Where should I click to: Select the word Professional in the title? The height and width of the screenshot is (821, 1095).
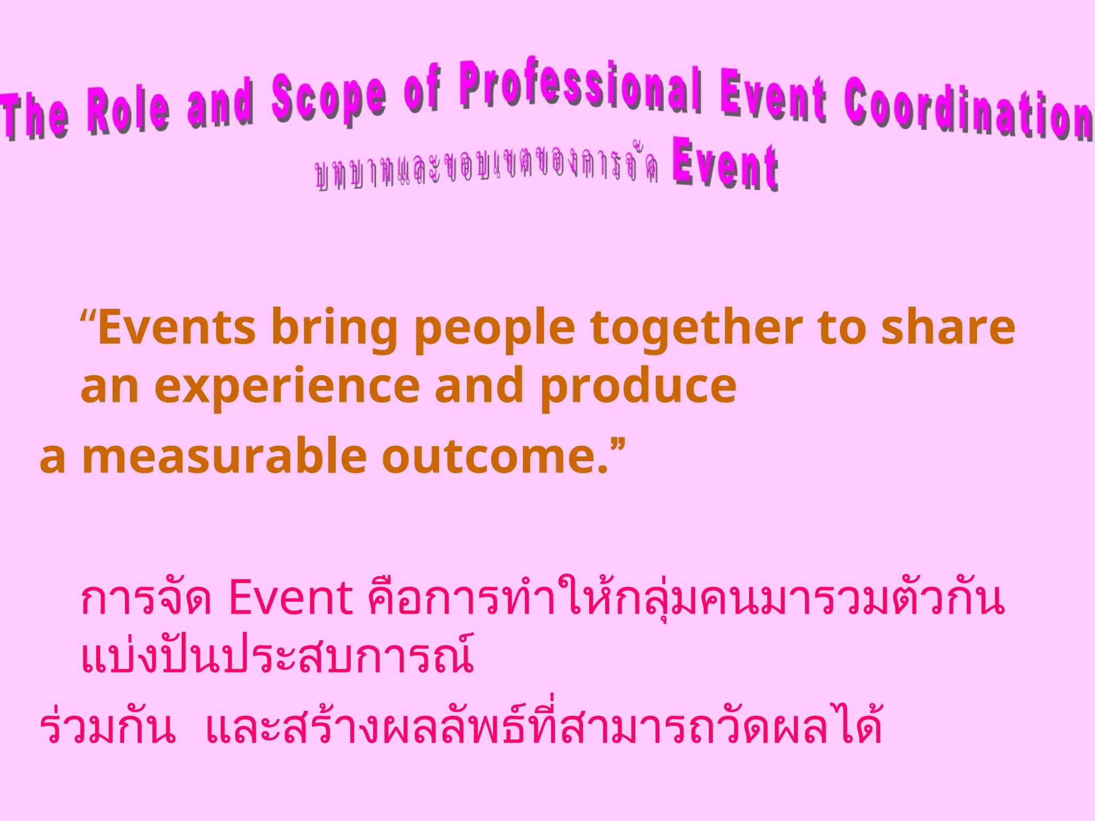click(x=581, y=88)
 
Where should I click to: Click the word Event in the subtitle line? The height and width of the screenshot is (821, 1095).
click(x=724, y=166)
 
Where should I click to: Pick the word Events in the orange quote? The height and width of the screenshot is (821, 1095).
click(x=176, y=328)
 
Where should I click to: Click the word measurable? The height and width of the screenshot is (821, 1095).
click(x=224, y=456)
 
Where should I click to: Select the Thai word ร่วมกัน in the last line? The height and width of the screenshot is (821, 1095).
click(x=107, y=727)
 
